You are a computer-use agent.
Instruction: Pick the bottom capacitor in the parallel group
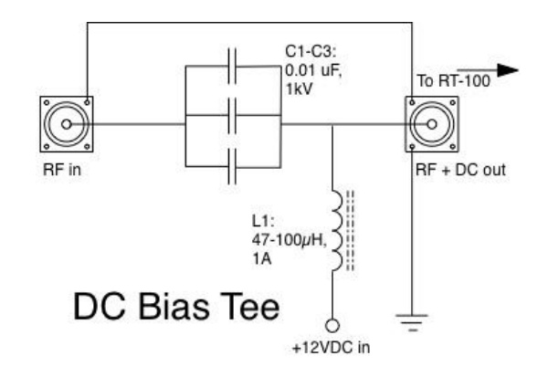tap(233, 166)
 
